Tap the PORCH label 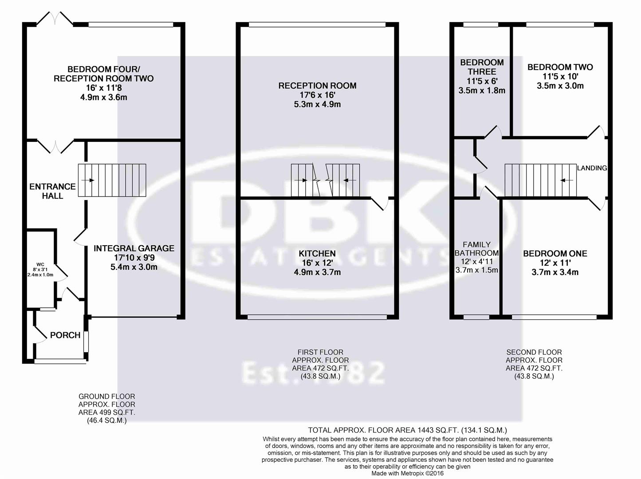(x=65, y=335)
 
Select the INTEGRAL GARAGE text (x=134, y=248)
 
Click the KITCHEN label (x=317, y=254)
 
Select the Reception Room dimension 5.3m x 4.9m (x=317, y=105)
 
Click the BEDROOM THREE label (x=482, y=67)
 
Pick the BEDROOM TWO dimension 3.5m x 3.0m (x=560, y=86)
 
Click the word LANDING (x=592, y=168)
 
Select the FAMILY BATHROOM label (x=477, y=249)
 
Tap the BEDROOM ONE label (x=555, y=254)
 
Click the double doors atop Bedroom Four (x=55, y=19)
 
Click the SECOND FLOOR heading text (x=534, y=352)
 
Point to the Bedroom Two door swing (x=597, y=131)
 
